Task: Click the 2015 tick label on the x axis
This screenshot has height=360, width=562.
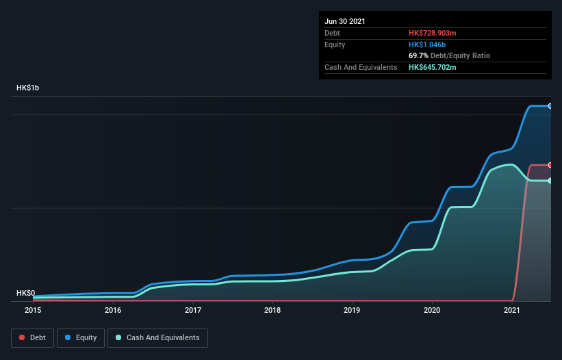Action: [33, 310]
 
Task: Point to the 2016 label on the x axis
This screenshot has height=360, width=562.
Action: [113, 310]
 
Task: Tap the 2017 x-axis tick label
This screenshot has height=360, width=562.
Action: [193, 310]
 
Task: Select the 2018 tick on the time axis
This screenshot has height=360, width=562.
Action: [272, 310]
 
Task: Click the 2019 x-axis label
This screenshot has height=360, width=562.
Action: [353, 310]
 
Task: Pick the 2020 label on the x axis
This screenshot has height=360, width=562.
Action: [432, 310]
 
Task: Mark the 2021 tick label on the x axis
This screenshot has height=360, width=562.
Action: [512, 310]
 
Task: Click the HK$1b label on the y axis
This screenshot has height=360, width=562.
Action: [28, 88]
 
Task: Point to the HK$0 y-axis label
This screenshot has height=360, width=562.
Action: [25, 293]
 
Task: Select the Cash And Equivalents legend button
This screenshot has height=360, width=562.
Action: [157, 337]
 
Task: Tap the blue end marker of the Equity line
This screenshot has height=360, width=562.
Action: [550, 106]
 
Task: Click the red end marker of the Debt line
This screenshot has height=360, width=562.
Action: [550, 165]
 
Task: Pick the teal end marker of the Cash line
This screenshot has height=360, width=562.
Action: [550, 181]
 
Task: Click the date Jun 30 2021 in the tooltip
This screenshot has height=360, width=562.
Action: [345, 21]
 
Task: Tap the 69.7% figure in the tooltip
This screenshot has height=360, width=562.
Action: [418, 55]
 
